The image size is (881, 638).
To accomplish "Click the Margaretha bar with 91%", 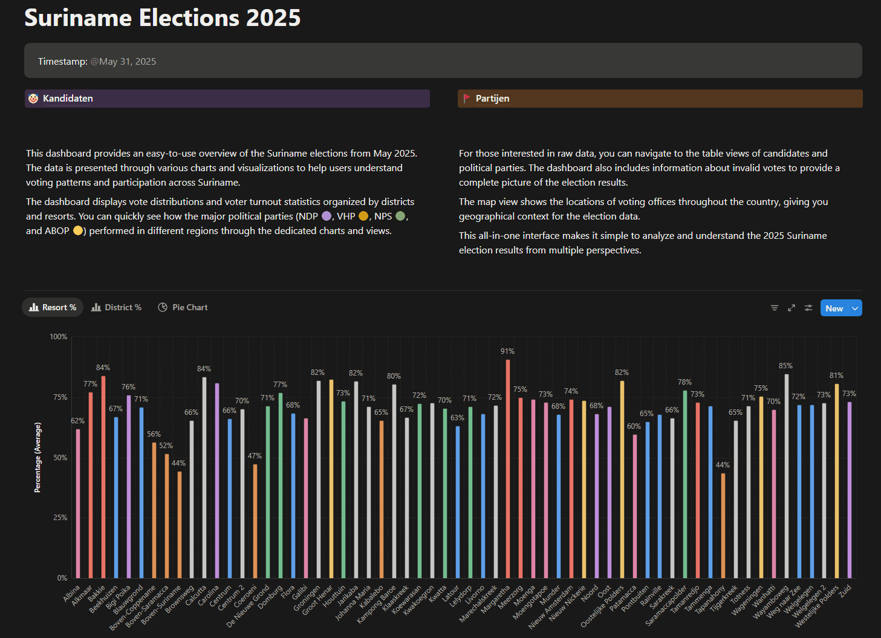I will (x=508, y=469).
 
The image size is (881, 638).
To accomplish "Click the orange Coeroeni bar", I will (x=255, y=521).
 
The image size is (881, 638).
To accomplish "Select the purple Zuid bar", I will (x=850, y=490).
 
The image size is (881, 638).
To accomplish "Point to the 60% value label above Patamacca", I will (x=634, y=426).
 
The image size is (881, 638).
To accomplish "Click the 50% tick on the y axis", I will (x=60, y=458).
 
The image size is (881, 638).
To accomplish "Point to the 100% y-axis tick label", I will (x=59, y=337).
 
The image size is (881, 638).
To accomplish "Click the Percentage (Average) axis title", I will (x=37, y=457).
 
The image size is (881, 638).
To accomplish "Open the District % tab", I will (x=117, y=307).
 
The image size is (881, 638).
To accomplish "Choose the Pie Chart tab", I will (x=183, y=307).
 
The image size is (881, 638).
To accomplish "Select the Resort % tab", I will (x=53, y=307).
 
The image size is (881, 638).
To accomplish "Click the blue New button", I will (x=834, y=308).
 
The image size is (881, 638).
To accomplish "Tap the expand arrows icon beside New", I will (x=791, y=308).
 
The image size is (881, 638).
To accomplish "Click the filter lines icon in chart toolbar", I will (x=774, y=308).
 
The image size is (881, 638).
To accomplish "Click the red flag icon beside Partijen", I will (x=466, y=99).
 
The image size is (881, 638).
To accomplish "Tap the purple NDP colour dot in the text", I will (x=327, y=216).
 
